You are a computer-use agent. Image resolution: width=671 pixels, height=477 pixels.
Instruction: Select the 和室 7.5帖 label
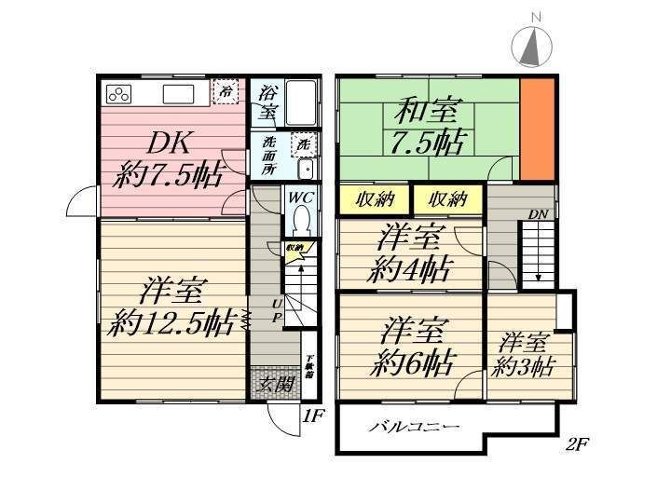[429, 128]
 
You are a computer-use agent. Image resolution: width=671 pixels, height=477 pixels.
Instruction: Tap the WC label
[299, 198]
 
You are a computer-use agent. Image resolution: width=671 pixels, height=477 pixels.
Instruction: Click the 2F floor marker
[578, 443]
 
